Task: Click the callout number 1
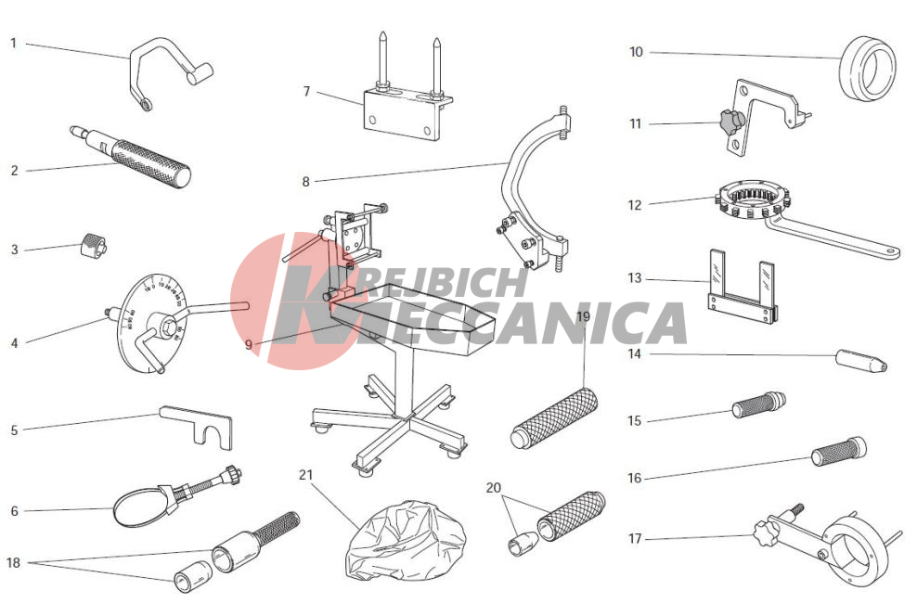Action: (13, 44)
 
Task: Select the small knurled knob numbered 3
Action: (93, 246)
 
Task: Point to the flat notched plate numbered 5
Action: (197, 427)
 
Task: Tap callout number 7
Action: (306, 92)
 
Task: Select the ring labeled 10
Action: (867, 69)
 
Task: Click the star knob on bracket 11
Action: (732, 121)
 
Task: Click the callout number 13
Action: (635, 278)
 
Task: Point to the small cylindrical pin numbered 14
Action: (861, 360)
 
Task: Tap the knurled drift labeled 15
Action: (758, 404)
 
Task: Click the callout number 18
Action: (13, 563)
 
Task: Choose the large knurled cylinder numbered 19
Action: (554, 418)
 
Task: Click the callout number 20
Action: (494, 487)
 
